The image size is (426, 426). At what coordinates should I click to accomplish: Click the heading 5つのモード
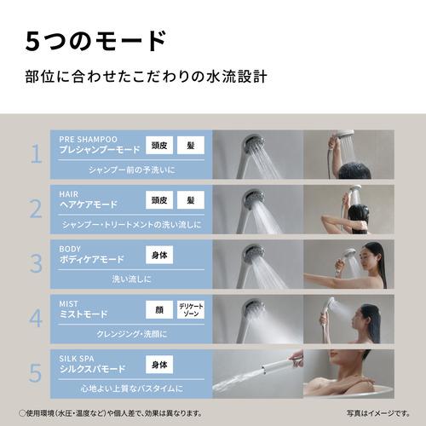click(95, 39)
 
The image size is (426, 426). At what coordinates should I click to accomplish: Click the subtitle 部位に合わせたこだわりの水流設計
click(147, 77)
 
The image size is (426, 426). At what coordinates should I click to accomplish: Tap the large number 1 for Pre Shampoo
click(35, 153)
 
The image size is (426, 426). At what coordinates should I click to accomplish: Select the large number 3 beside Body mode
click(35, 260)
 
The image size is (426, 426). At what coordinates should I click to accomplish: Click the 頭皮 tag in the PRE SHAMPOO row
click(158, 145)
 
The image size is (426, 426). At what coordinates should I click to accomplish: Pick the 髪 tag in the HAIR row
click(191, 201)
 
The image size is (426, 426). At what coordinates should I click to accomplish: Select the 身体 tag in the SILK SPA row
click(158, 364)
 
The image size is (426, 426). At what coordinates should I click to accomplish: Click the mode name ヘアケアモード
click(90, 204)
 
